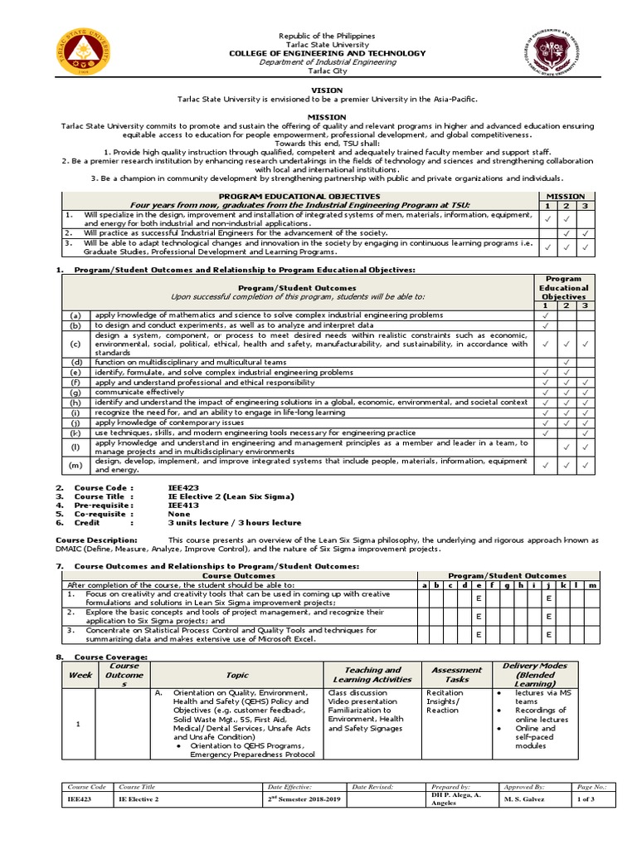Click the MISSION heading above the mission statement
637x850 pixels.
(326, 117)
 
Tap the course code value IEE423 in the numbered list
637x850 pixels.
(182, 487)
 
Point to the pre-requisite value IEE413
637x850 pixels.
(182, 505)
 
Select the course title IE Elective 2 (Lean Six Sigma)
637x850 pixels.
(231, 496)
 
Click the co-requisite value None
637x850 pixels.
(178, 514)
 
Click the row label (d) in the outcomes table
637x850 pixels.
(75, 362)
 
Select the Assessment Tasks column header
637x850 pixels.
(456, 675)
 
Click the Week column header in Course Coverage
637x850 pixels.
(80, 675)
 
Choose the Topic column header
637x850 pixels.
(237, 675)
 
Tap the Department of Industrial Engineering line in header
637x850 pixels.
(326, 62)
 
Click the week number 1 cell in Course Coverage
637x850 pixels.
(77, 724)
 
